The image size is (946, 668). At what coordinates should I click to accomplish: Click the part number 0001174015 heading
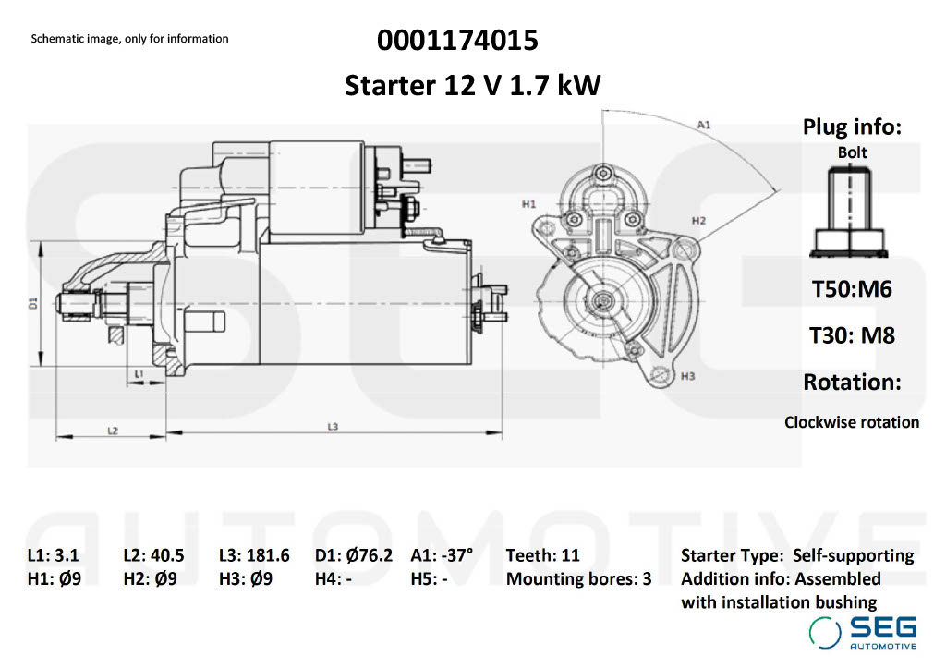[457, 41]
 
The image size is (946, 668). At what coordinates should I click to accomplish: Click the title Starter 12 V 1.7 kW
[472, 85]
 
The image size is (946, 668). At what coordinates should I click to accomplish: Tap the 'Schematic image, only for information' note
[129, 39]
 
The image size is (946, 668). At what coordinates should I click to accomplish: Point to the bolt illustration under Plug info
[851, 213]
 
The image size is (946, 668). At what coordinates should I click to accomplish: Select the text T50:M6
[852, 289]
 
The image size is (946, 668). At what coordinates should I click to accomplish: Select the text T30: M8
[852, 334]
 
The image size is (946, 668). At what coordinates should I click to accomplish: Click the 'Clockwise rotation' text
[852, 422]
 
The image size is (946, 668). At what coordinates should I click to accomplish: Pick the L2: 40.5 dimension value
[153, 555]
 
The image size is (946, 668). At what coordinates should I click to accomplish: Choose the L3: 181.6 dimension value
[254, 555]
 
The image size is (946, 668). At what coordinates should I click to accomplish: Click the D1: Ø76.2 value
[353, 555]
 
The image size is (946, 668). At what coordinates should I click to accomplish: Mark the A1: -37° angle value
[442, 555]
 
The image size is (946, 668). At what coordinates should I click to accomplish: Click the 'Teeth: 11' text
[542, 555]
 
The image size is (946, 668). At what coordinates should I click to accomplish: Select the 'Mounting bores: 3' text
[578, 579]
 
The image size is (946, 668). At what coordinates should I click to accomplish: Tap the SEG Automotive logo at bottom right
[864, 632]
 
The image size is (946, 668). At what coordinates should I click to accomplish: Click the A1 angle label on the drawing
[704, 123]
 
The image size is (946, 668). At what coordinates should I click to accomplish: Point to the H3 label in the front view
[687, 377]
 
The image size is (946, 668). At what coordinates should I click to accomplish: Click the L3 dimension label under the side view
[334, 426]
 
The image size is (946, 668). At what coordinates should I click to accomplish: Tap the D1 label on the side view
[32, 302]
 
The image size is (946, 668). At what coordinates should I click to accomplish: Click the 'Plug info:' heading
[852, 128]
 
